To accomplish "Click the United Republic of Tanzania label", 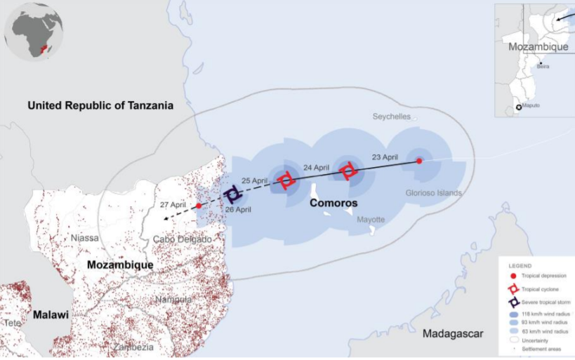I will click(100, 105).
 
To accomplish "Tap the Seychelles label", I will click(392, 117).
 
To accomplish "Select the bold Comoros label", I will click(333, 203).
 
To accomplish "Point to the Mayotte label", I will click(371, 220).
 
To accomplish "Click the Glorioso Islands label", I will click(434, 192).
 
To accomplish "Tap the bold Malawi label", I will click(50, 315).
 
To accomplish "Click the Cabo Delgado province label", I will click(182, 239).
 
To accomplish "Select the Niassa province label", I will click(84, 238).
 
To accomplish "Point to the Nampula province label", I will click(173, 300).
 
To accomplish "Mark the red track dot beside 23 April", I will click(419, 161).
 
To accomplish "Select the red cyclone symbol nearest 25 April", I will click(286, 180).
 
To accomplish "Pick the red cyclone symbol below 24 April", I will click(348, 171).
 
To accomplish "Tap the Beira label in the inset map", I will click(543, 67).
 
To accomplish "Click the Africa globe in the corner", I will click(33, 31).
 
